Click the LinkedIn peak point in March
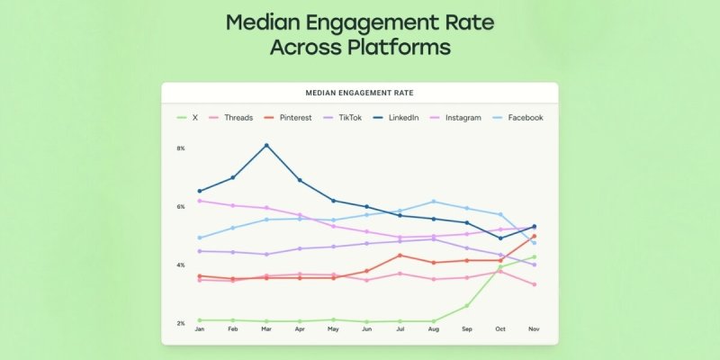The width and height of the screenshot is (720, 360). tap(266, 145)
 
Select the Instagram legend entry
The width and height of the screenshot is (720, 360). tap(463, 118)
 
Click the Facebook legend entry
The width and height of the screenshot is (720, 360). tap(525, 118)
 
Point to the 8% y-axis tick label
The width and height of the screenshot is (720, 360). tap(180, 148)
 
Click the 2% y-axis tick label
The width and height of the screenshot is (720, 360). tap(180, 323)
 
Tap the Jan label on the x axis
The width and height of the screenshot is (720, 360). tap(199, 329)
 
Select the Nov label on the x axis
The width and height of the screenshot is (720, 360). tap(534, 329)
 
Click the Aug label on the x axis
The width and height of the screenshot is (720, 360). tap(433, 329)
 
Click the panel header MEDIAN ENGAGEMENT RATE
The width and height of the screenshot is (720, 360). tap(359, 92)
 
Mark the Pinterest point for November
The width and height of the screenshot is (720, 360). tap(534, 237)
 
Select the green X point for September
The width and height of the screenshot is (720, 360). tap(466, 306)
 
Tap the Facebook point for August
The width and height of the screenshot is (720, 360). tap(433, 202)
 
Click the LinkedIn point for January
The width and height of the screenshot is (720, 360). tap(199, 191)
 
